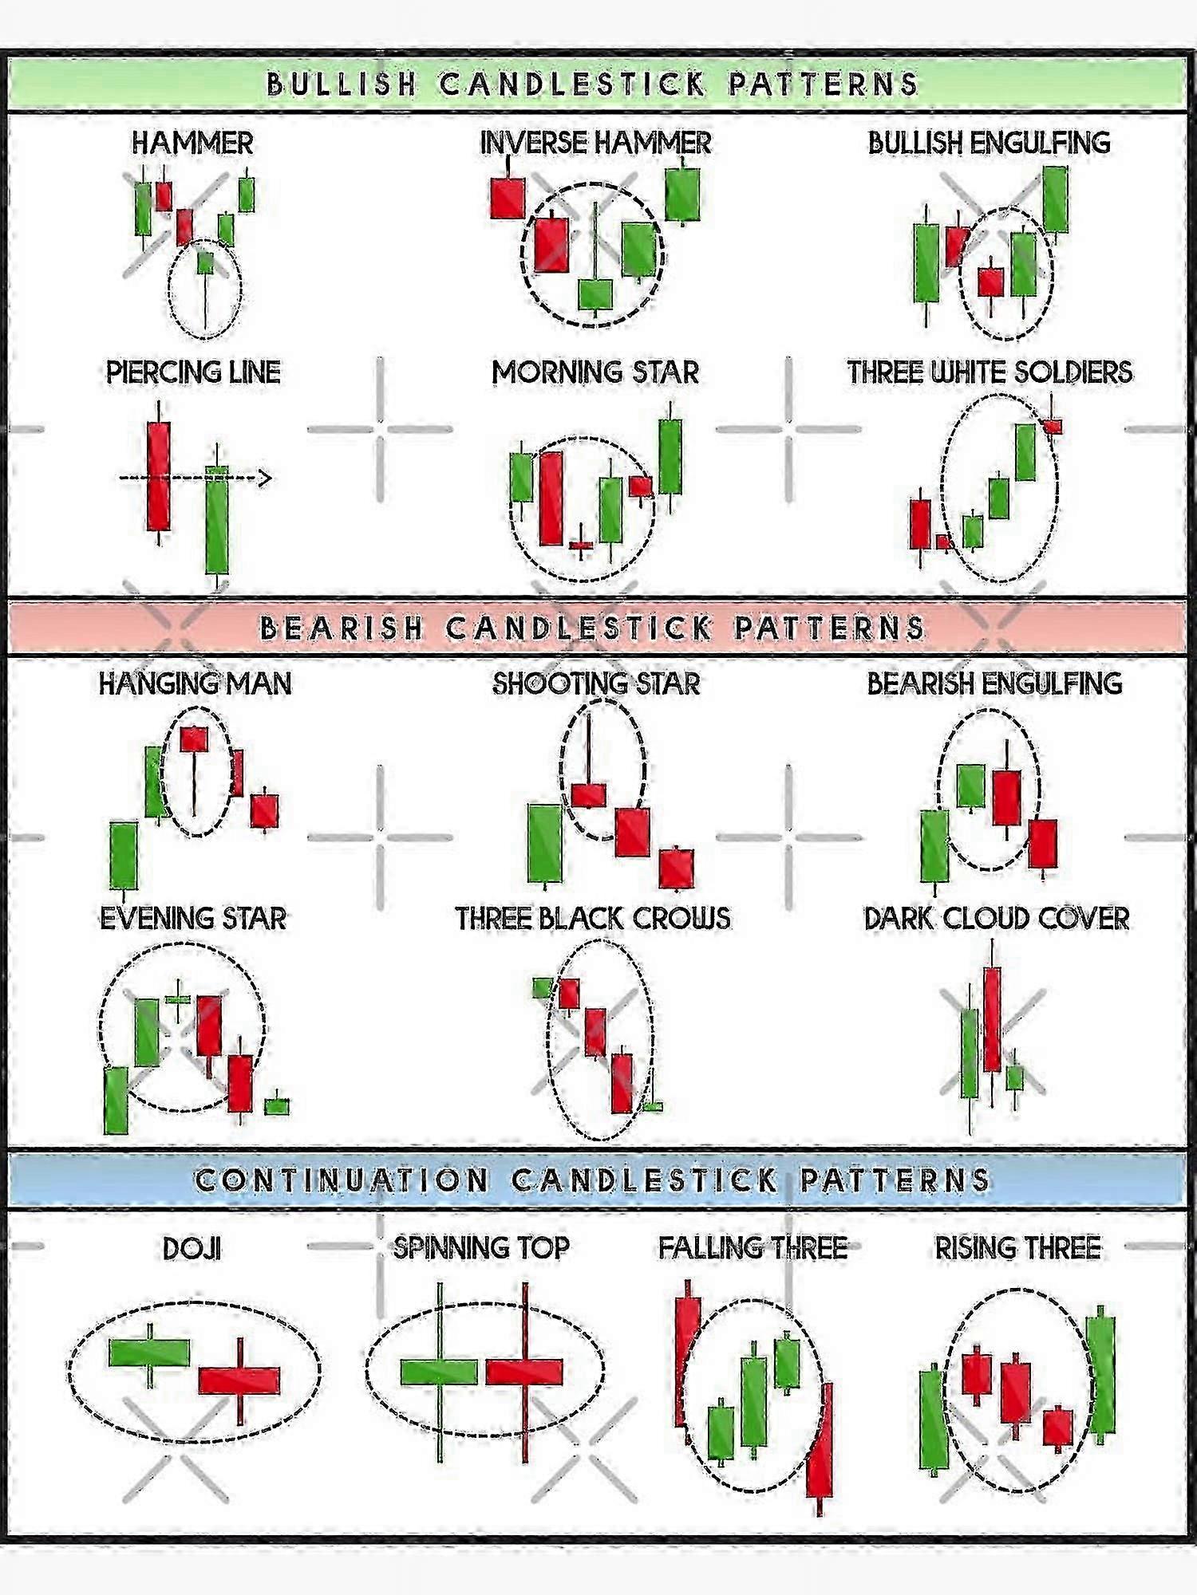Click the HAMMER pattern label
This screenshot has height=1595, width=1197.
(192, 144)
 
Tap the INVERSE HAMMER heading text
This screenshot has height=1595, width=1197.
(595, 143)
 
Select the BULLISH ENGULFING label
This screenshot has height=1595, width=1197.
(989, 143)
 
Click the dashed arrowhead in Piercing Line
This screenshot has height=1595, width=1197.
(263, 478)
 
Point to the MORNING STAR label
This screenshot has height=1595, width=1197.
(595, 372)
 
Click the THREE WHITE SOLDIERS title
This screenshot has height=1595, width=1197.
(990, 372)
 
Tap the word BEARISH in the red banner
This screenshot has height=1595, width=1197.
(342, 628)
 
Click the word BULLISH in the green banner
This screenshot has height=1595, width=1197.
(342, 84)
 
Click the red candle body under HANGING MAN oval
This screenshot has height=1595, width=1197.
(194, 739)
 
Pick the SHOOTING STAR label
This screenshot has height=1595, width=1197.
(596, 683)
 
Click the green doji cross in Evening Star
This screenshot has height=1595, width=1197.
(177, 998)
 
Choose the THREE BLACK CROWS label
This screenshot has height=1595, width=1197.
(593, 919)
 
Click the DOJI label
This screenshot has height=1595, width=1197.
(192, 1249)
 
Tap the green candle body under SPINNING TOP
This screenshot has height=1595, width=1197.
(439, 1372)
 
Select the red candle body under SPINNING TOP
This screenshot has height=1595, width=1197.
(524, 1372)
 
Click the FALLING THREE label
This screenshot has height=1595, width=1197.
(753, 1248)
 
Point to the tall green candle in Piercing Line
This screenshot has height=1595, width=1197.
(217, 520)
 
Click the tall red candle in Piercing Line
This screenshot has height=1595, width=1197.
(158, 476)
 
